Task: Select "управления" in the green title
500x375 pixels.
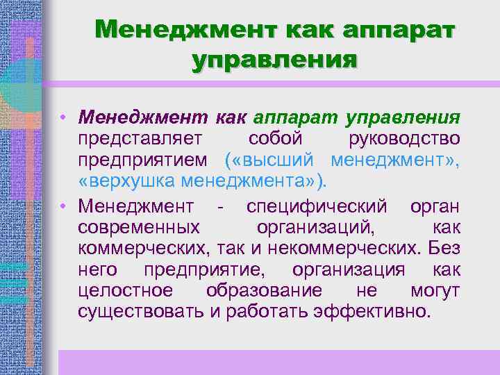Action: pos(275,59)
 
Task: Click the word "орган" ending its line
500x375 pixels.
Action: pos(435,206)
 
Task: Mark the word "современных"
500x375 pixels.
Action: pos(139,226)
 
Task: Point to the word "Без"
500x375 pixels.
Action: pos(444,247)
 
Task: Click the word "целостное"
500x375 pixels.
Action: pos(122,290)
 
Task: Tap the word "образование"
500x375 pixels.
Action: pos(264,290)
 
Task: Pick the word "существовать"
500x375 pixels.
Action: pos(141,310)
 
